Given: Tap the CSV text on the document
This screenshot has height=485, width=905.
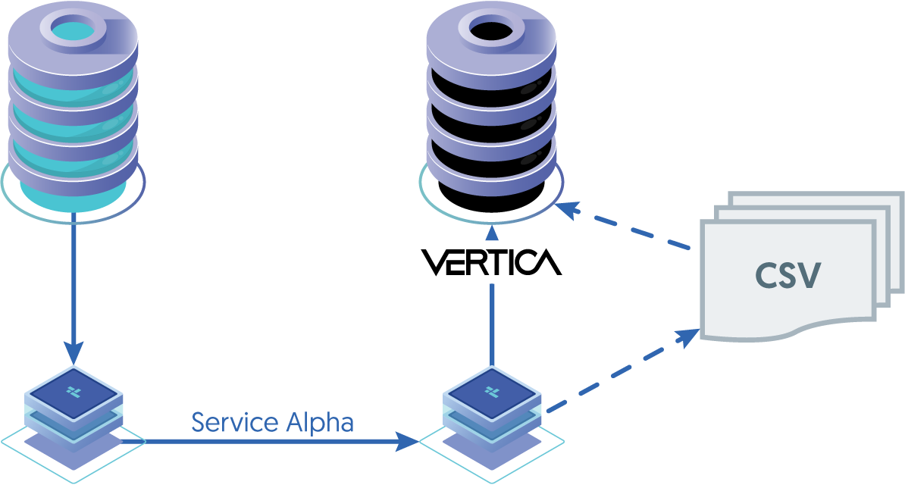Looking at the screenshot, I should (788, 276).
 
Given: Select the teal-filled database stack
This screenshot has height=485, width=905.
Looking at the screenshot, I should (74, 114).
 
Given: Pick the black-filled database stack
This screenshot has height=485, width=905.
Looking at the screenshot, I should (491, 114).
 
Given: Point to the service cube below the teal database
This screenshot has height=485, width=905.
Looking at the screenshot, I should (74, 409).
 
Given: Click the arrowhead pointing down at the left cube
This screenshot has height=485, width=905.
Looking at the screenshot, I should (74, 352).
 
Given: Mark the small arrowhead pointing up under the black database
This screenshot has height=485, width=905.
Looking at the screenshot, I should (492, 233).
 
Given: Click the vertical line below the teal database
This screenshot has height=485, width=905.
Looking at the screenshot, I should (74, 280).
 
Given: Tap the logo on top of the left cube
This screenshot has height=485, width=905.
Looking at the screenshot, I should (74, 391).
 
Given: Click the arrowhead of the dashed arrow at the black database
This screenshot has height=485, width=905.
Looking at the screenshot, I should (567, 206).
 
